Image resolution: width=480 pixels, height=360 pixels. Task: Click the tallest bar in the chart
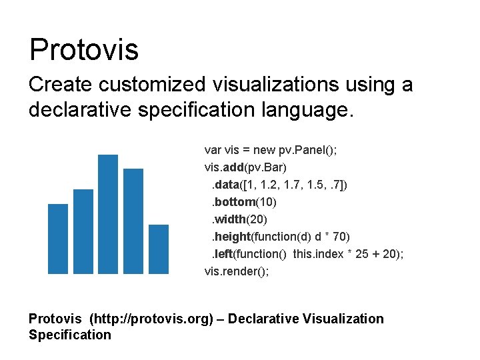click(107, 213)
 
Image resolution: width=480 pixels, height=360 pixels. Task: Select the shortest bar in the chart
click(159, 249)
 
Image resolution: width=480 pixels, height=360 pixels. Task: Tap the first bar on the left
click(58, 238)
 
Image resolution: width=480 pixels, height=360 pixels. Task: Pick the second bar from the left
click(83, 231)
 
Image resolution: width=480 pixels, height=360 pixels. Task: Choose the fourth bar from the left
click(133, 221)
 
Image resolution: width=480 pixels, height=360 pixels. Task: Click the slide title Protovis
click(84, 49)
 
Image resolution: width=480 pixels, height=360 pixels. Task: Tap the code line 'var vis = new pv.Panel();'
click(271, 150)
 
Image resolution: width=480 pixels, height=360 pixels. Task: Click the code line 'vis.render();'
click(237, 271)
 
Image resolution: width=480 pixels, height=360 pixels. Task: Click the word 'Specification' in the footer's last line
click(70, 335)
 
